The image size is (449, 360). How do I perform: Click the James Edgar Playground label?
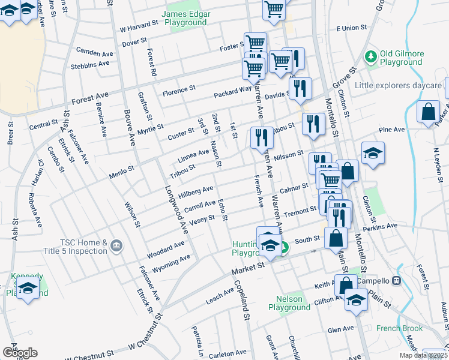pyautogui.click(x=185, y=18)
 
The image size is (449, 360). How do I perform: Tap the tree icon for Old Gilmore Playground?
pyautogui.click(x=371, y=58)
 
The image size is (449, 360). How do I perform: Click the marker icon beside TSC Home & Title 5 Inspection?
pyautogui.click(x=116, y=246)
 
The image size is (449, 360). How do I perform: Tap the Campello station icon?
pyautogui.click(x=396, y=281)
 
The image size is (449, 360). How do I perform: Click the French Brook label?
pyautogui.click(x=399, y=328)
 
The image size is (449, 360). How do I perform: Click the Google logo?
pyautogui.click(x=20, y=353)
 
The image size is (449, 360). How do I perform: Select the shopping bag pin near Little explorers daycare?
pyautogui.click(x=428, y=112)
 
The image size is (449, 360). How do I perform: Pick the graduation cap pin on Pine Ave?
pyautogui.click(x=373, y=152)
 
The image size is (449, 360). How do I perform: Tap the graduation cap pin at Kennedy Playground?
pyautogui.click(x=27, y=288)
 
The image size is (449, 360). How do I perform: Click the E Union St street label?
pyautogui.click(x=351, y=28)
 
